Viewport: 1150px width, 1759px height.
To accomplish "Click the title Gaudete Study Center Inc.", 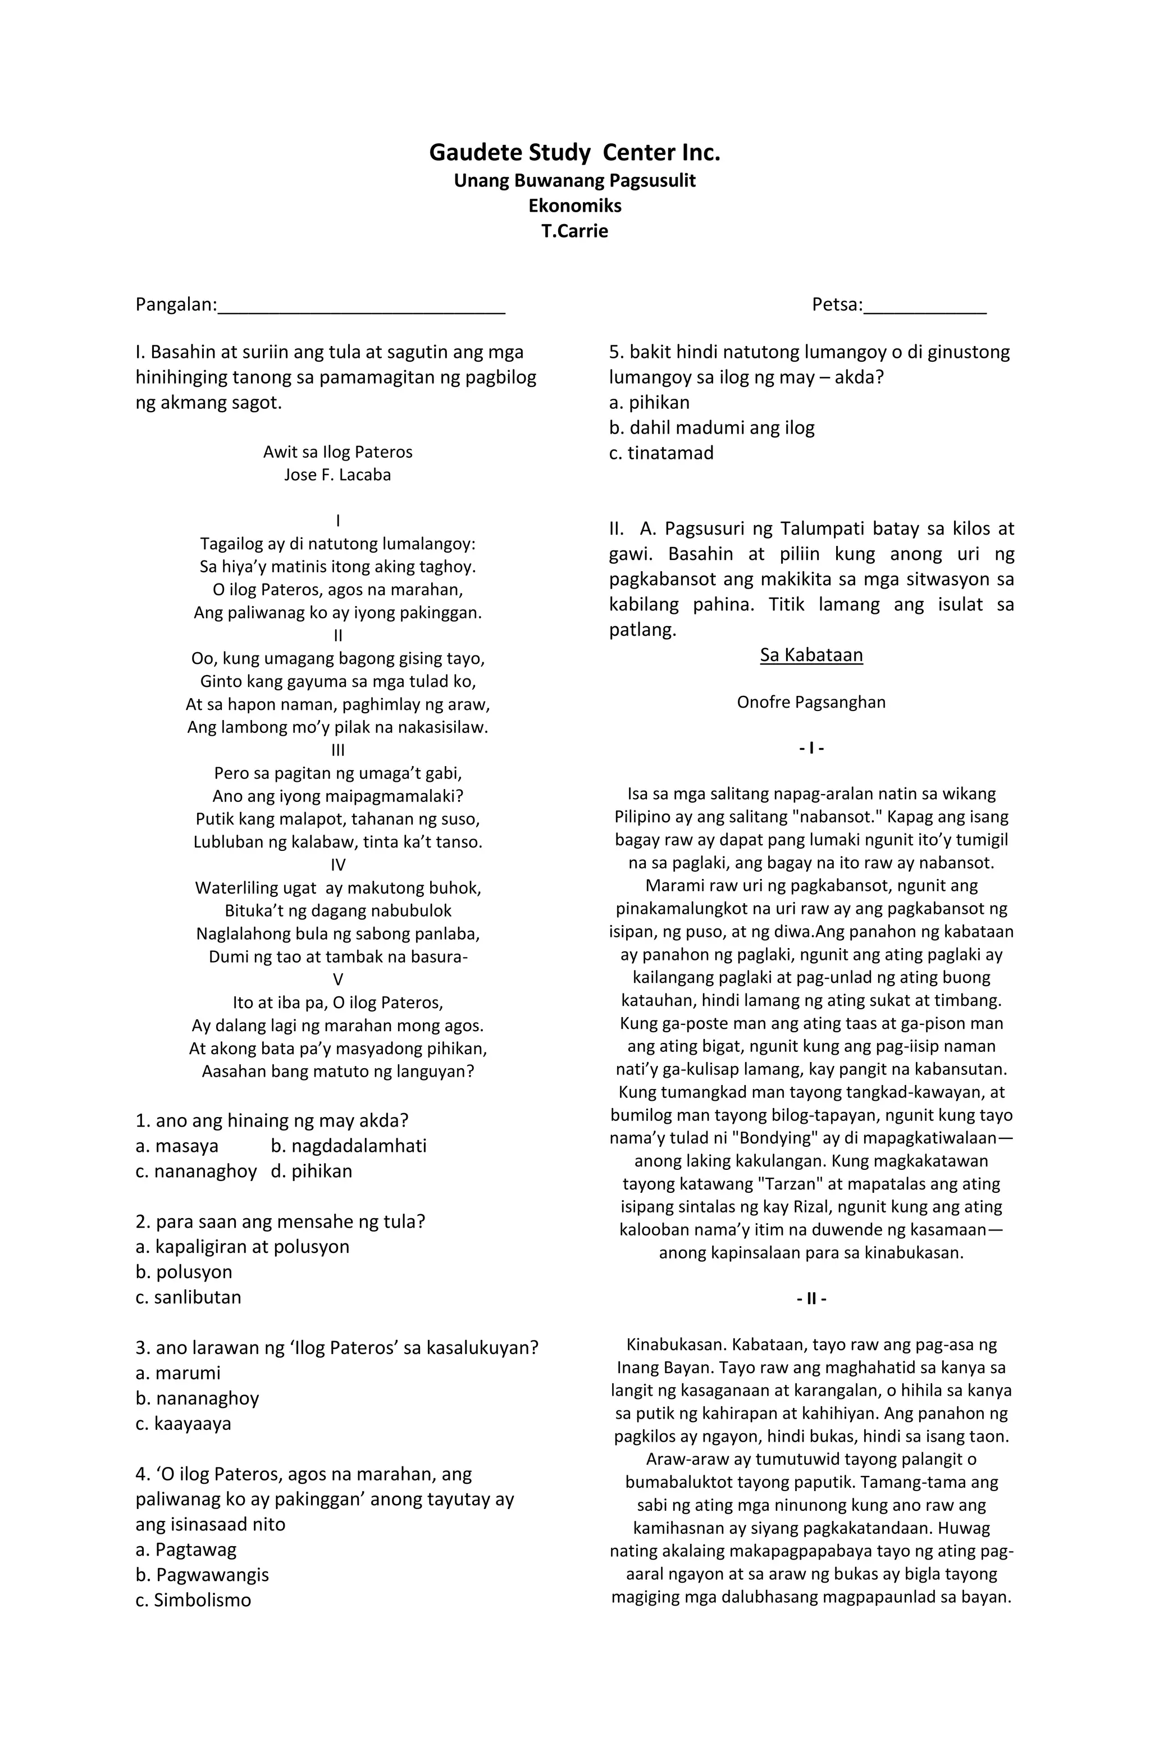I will coord(574,153).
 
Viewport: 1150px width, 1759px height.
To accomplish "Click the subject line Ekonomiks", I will coord(574,206).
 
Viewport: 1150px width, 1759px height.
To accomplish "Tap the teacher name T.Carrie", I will coord(574,231).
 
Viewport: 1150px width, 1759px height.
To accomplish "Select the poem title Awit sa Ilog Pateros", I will coord(338,452).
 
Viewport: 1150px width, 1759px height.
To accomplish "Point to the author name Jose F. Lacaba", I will coord(338,475).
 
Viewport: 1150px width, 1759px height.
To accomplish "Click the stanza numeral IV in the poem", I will coord(338,865).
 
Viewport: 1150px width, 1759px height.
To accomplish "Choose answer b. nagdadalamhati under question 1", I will coord(348,1146).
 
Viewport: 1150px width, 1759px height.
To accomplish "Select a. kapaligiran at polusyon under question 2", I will coord(243,1246).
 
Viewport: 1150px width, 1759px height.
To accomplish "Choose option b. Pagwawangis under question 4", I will coord(202,1574).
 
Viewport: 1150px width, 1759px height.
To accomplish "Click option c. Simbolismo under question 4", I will coord(193,1599).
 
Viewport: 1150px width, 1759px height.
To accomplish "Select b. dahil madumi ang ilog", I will coord(711,427).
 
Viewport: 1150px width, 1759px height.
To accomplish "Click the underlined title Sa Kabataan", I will coord(811,655).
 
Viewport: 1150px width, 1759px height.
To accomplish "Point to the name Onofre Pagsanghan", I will coord(811,702).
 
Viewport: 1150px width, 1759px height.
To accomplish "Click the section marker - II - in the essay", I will coord(811,1298).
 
